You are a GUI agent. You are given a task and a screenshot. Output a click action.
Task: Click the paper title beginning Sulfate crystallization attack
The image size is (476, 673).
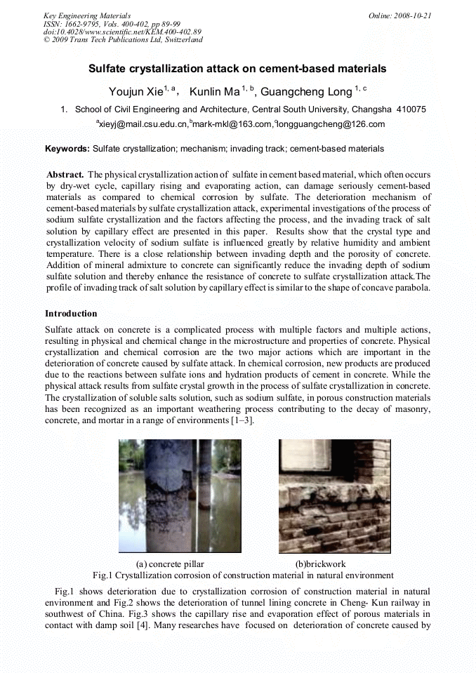(x=237, y=69)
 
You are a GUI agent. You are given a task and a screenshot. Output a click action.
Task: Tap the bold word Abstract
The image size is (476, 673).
(x=65, y=173)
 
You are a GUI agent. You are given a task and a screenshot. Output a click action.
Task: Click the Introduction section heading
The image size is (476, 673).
(x=71, y=314)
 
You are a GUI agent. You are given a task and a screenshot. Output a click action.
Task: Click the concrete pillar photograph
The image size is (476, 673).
(x=180, y=495)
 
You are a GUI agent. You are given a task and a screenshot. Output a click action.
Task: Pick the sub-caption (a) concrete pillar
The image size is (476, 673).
(x=168, y=564)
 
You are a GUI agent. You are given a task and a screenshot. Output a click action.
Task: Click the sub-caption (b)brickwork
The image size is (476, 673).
(x=320, y=564)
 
